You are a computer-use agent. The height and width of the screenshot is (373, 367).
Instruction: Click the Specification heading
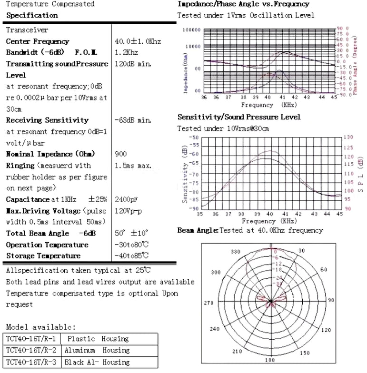[32, 15]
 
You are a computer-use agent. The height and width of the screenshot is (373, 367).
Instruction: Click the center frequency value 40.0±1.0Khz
[138, 41]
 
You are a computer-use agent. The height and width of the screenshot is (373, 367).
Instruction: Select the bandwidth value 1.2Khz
[126, 52]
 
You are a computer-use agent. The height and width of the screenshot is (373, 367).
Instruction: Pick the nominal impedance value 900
[121, 154]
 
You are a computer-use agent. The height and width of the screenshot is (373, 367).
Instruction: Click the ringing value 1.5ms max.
[133, 166]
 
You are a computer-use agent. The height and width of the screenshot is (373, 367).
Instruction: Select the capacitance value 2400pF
[128, 199]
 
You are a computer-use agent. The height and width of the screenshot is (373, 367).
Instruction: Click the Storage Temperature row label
[43, 256]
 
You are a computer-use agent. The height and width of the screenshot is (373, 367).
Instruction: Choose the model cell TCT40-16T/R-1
[31, 339]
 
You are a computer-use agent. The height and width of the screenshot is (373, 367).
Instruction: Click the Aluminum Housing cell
[97, 350]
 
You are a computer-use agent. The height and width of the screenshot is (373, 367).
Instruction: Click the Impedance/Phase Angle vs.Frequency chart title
[243, 4]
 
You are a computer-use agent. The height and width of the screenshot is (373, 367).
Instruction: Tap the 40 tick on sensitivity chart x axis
[269, 214]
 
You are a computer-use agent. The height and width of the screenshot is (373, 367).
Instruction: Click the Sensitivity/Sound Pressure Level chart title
[239, 117]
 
